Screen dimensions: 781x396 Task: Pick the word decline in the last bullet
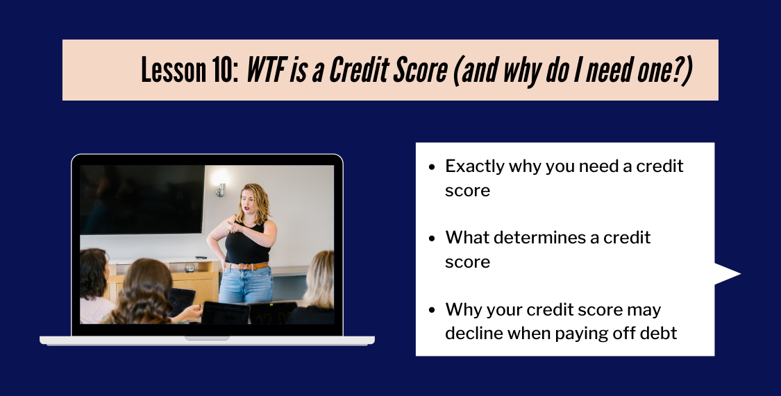(x=473, y=333)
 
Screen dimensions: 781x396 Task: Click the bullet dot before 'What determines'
(x=432, y=239)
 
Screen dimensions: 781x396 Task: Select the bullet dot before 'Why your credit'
(x=432, y=310)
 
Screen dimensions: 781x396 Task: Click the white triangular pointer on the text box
(x=726, y=274)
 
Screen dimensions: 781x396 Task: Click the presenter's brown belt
(x=246, y=266)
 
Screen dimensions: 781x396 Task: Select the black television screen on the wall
(x=142, y=199)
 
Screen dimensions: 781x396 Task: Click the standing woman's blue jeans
(x=246, y=285)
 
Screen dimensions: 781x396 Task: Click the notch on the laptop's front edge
(x=207, y=338)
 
